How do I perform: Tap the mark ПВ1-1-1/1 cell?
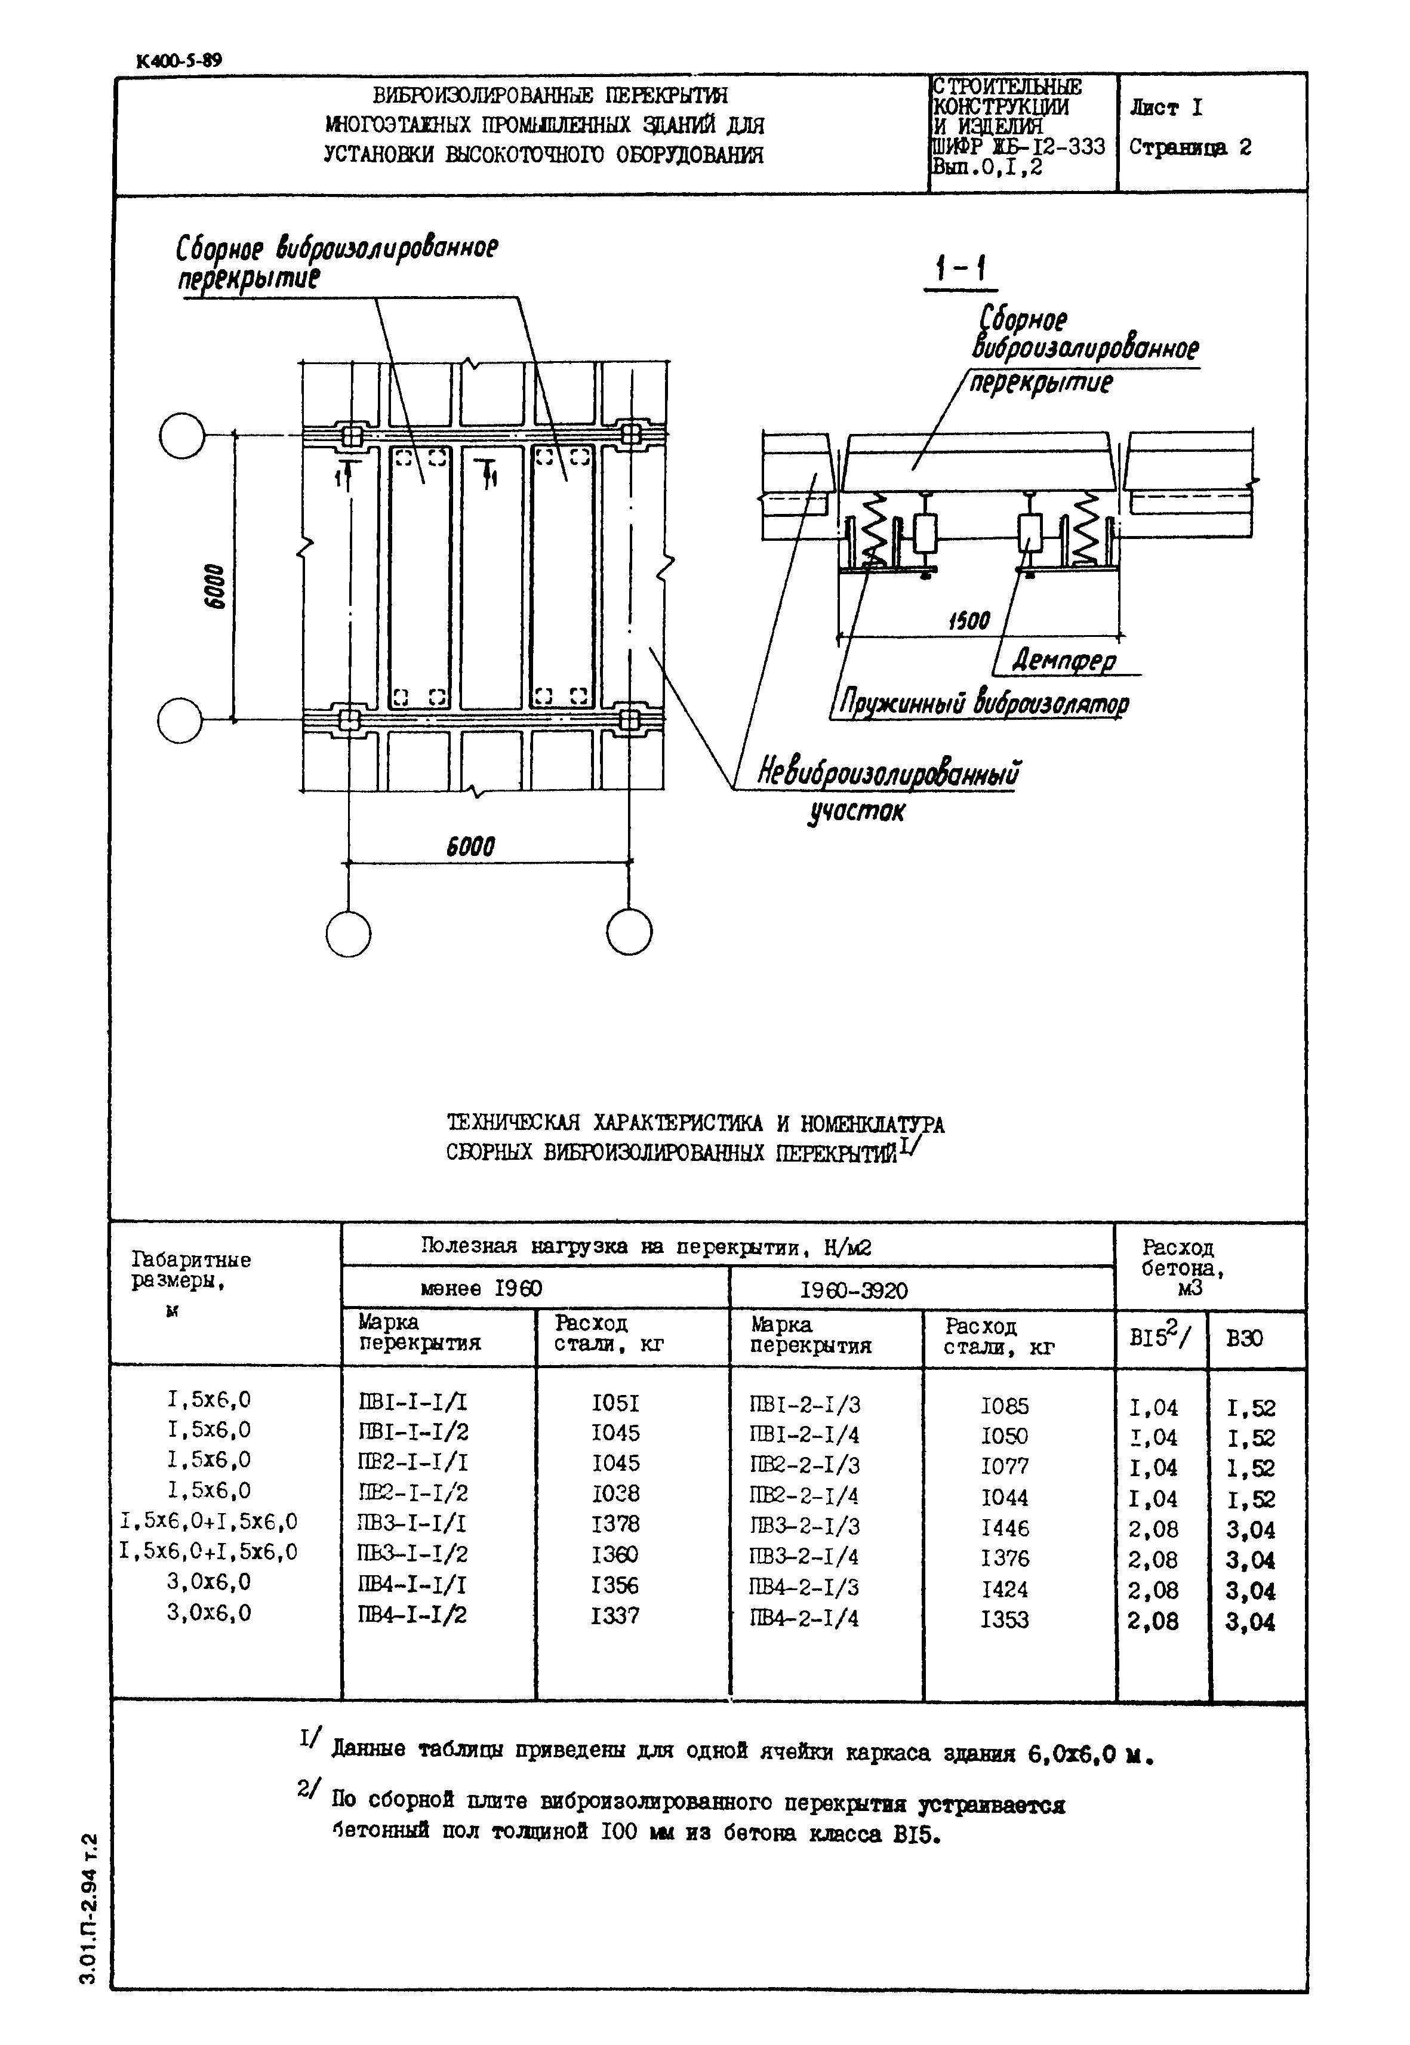[412, 1402]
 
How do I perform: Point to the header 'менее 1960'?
[482, 1289]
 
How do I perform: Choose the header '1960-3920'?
[854, 1291]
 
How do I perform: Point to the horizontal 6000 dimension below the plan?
[470, 846]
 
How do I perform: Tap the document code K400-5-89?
[179, 61]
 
